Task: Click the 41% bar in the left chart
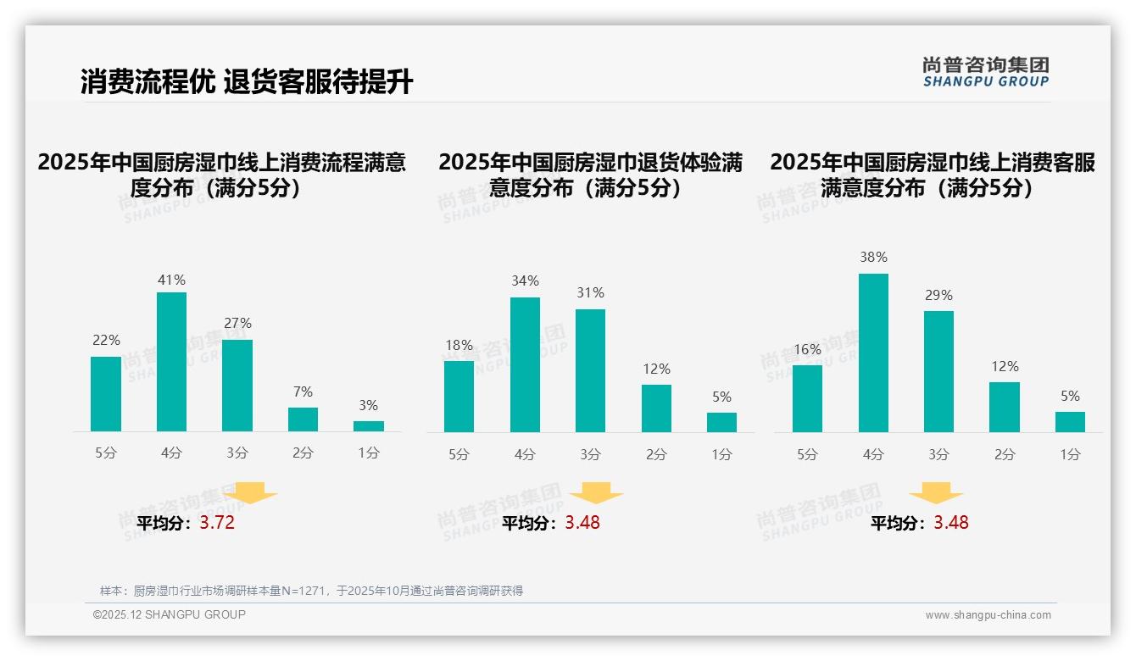click(x=171, y=362)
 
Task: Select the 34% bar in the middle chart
click(x=525, y=364)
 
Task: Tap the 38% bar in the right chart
click(x=873, y=353)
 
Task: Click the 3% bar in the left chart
click(x=369, y=426)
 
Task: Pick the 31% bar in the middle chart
click(x=590, y=370)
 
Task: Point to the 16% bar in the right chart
click(x=807, y=398)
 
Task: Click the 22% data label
click(x=106, y=341)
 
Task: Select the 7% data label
click(x=303, y=392)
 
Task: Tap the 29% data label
click(x=938, y=296)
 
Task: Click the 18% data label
click(x=459, y=345)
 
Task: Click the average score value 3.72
click(x=217, y=523)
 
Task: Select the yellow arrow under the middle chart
click(x=596, y=492)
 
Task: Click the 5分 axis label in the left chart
click(x=106, y=453)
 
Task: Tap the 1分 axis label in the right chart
click(x=1070, y=455)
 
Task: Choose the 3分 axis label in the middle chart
click(x=590, y=455)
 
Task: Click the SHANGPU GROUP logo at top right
click(x=985, y=72)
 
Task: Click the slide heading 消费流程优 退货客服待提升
click(x=247, y=82)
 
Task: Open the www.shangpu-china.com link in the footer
click(x=988, y=615)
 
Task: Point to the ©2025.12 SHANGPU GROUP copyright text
click(x=170, y=614)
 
